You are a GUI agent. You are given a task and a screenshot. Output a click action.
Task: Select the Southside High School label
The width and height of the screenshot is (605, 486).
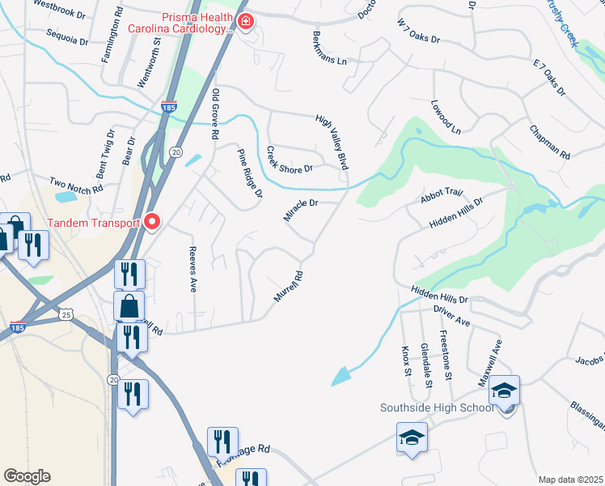click(437, 407)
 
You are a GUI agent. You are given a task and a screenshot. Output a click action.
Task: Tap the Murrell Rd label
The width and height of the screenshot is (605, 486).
click(288, 287)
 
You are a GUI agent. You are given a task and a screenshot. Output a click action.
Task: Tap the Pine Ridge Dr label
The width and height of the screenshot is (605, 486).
click(250, 173)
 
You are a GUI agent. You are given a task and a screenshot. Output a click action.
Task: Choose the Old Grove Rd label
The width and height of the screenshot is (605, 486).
click(216, 115)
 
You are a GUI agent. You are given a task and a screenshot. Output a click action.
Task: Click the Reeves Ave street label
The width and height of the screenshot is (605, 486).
click(192, 269)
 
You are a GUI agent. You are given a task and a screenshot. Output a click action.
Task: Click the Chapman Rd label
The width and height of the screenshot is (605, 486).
click(550, 142)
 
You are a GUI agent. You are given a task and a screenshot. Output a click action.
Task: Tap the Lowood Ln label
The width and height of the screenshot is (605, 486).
click(445, 117)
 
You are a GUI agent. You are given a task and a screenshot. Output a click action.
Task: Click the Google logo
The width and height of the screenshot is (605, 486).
click(27, 476)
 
